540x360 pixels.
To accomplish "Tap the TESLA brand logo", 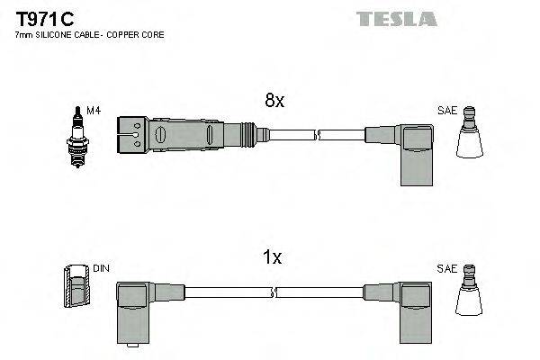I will pos(396,19).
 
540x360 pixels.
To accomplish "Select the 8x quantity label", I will pos(274,102).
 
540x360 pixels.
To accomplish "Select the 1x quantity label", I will pos(273,258).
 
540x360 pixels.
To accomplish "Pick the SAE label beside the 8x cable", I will pos(446,110).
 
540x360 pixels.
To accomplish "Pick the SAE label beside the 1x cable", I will pos(446,268).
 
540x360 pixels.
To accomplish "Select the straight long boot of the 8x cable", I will pos(193,135).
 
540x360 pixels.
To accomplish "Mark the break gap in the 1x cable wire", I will pos(273,292).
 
